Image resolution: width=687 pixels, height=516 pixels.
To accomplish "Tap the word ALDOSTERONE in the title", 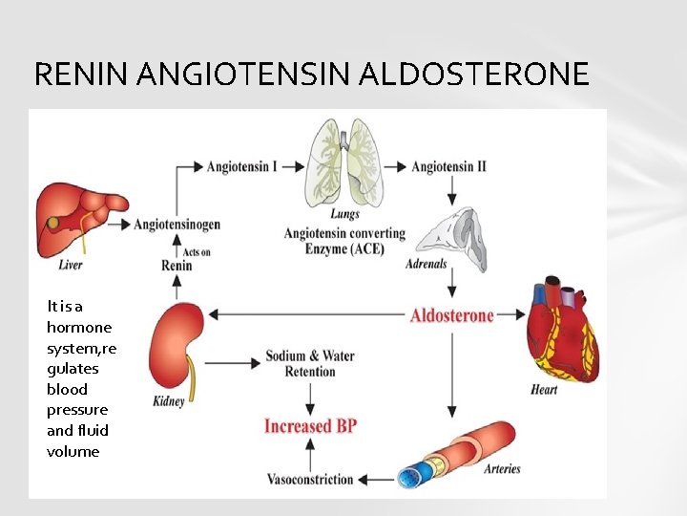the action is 473,74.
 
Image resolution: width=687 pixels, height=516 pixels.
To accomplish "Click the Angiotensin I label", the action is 242,166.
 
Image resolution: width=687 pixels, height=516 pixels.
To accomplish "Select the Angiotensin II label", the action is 448,166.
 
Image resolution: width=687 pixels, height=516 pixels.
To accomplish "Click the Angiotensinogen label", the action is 177,225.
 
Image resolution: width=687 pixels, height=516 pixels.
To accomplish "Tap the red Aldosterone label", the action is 452,314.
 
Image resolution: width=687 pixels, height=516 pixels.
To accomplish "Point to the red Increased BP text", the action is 310,425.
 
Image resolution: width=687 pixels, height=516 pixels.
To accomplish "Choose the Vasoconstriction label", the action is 310,479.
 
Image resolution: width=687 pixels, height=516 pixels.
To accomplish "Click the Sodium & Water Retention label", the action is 310,363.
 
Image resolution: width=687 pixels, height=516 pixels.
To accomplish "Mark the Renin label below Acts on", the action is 177,266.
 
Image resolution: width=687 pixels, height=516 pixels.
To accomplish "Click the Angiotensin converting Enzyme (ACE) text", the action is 344,241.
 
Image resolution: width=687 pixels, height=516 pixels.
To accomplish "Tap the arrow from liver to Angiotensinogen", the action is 120,225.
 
